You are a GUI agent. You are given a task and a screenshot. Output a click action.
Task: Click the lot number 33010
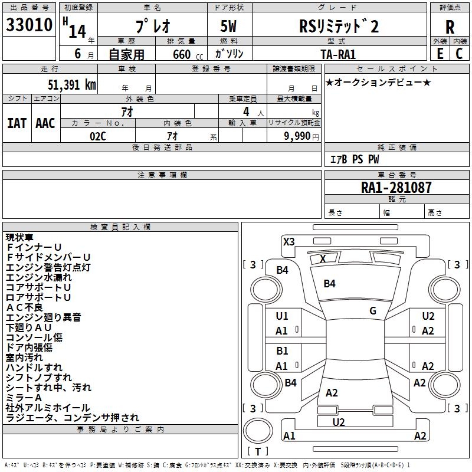[29, 26]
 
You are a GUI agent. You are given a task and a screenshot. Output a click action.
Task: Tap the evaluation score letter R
[450, 27]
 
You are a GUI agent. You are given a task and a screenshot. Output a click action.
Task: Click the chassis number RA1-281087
[396, 188]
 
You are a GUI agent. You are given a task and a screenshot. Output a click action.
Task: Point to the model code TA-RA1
[338, 54]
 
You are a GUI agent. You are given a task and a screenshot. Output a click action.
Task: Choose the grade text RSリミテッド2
[339, 27]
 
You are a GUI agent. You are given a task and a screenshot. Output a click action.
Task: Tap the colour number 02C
[98, 136]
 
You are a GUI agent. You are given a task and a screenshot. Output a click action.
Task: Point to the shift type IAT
[17, 123]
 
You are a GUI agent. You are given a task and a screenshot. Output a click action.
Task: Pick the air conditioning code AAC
[45, 123]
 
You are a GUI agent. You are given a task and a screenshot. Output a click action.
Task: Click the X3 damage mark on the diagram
[289, 241]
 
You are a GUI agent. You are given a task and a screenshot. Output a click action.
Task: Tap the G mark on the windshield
[373, 311]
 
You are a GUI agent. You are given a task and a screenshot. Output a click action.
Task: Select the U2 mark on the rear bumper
[339, 422]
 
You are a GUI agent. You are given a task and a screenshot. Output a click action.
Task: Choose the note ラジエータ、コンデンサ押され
[73, 418]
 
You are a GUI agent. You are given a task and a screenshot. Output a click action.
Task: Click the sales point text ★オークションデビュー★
[378, 82]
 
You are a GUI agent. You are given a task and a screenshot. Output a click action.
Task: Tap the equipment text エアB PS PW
[354, 159]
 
